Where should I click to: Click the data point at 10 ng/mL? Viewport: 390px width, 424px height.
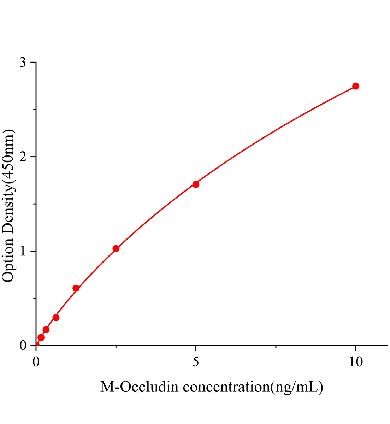(x=356, y=86)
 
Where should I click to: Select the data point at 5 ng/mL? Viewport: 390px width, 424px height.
(x=196, y=184)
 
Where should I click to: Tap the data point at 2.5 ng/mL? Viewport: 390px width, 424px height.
(x=116, y=249)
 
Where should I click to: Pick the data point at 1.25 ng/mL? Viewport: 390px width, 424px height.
(x=76, y=288)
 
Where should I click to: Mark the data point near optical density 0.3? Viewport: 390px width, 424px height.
(x=56, y=318)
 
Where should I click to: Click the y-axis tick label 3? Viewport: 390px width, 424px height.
(x=23, y=63)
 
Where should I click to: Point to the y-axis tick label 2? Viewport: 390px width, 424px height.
(x=23, y=157)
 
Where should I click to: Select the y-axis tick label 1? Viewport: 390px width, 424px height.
(x=23, y=251)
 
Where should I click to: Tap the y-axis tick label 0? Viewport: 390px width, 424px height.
(x=23, y=346)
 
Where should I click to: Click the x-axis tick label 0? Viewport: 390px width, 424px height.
(x=36, y=362)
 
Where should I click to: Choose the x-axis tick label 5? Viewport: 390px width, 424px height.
(x=196, y=362)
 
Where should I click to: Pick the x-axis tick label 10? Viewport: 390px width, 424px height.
(x=356, y=362)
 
